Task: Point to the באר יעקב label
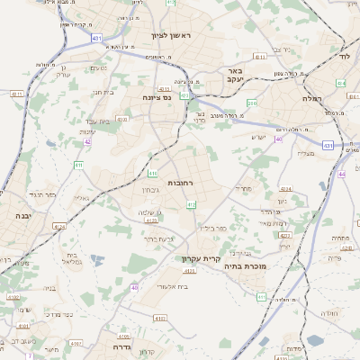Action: pyautogui.click(x=235, y=76)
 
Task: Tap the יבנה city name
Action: pyautogui.click(x=22, y=217)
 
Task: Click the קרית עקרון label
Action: pyautogui.click(x=199, y=259)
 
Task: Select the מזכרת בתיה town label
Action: pyautogui.click(x=244, y=266)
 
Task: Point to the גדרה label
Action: pyautogui.click(x=123, y=346)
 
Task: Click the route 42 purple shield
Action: pyautogui.click(x=88, y=141)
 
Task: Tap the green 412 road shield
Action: pyautogui.click(x=191, y=205)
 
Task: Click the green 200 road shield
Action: pyautogui.click(x=252, y=103)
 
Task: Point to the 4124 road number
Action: pyautogui.click(x=285, y=188)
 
